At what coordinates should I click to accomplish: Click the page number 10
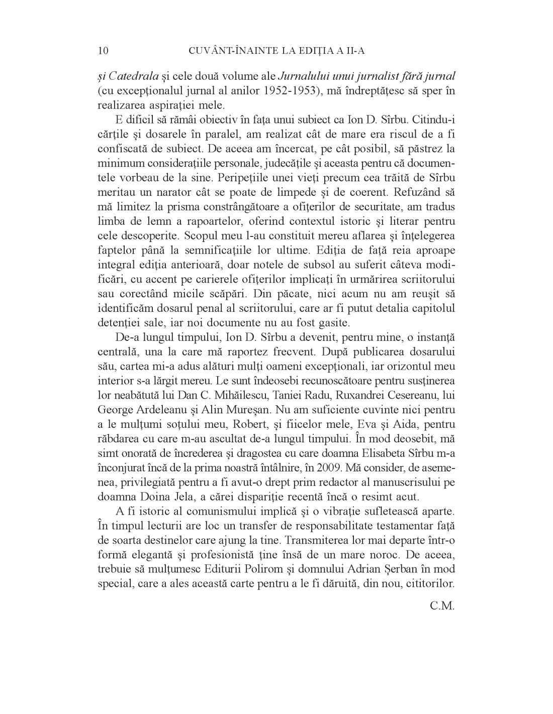pos(103,51)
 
